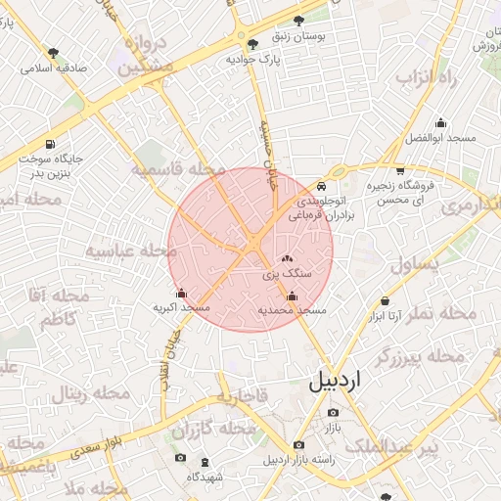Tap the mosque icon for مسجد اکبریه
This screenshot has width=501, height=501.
click(181, 293)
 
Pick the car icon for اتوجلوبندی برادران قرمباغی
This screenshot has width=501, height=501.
click(323, 186)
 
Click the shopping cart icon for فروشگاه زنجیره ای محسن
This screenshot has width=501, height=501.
click(399, 170)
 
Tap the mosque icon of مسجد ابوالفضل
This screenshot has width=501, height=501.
click(440, 123)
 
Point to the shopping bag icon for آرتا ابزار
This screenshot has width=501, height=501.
click(385, 302)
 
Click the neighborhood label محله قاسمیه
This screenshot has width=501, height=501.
click(171, 170)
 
